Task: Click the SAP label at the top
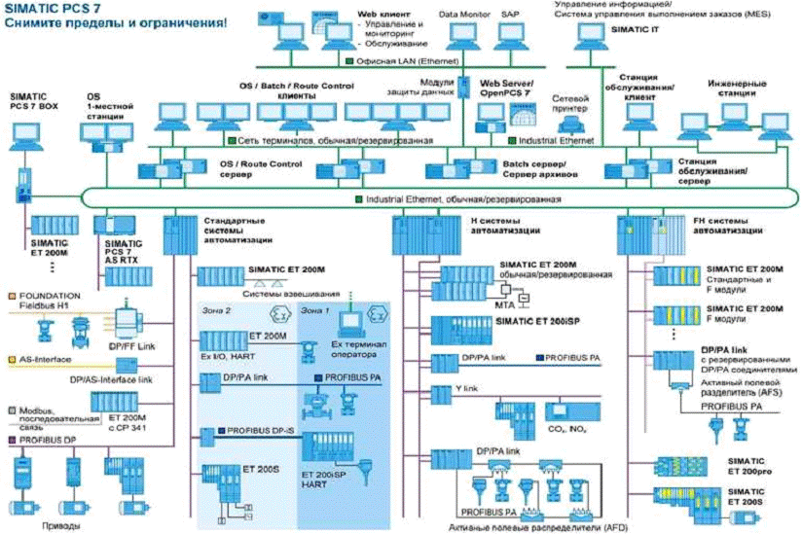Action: [x=511, y=16]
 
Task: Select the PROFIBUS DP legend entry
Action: [x=44, y=441]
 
